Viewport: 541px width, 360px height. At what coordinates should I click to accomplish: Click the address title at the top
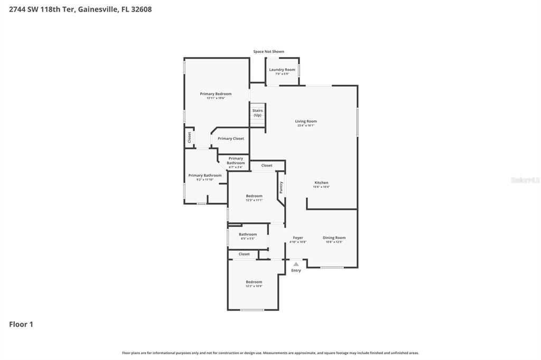tap(76, 9)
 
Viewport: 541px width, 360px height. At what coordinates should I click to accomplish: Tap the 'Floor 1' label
tap(21, 324)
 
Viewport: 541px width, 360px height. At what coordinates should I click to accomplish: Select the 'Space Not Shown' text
tap(268, 52)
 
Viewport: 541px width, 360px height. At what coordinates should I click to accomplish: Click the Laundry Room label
tap(282, 70)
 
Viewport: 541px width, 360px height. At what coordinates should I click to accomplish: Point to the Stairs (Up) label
tap(257, 112)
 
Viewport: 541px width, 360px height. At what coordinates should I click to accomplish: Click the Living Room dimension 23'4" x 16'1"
tap(306, 126)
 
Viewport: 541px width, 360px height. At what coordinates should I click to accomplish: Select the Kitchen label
tap(321, 183)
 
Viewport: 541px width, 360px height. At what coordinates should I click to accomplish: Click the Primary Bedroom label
tap(216, 94)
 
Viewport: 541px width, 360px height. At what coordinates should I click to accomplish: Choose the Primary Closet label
tap(231, 138)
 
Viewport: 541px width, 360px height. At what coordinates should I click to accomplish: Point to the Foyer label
tap(298, 238)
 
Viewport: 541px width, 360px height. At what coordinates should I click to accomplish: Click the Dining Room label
tap(334, 238)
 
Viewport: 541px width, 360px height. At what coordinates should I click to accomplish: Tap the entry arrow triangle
tap(296, 264)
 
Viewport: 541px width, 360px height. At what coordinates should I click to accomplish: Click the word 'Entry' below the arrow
tap(296, 270)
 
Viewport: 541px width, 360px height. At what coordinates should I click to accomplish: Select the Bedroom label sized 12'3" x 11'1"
tap(254, 196)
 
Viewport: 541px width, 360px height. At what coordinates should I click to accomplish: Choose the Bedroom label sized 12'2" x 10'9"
tap(254, 282)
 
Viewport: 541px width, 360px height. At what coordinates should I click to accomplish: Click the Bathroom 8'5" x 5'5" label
tap(248, 234)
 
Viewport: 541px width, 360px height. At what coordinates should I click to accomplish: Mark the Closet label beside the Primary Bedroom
tap(189, 137)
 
